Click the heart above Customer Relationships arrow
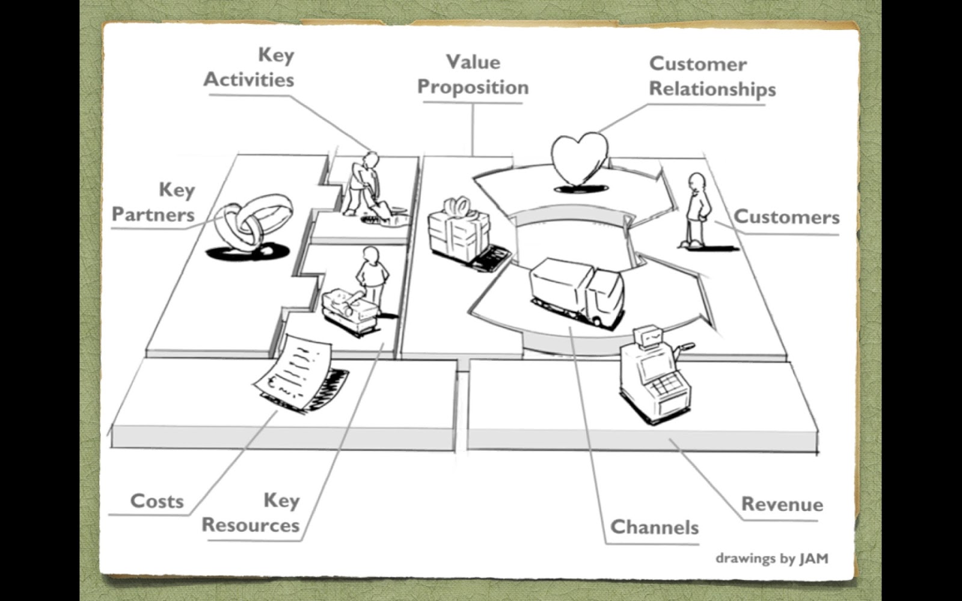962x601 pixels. click(x=580, y=159)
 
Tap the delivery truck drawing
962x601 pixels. click(x=577, y=291)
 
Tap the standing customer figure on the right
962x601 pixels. click(x=697, y=210)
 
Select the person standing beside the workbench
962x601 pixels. click(x=372, y=276)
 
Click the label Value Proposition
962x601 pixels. click(x=473, y=75)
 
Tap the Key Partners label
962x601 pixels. click(x=154, y=203)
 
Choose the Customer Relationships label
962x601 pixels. click(x=712, y=76)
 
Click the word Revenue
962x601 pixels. click(x=782, y=504)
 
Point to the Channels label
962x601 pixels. click(x=654, y=527)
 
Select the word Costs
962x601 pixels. click(x=157, y=501)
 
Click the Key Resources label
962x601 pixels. click(x=251, y=513)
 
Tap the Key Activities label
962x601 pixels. click(x=250, y=67)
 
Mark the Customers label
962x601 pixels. click(x=786, y=216)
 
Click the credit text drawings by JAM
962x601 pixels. click(x=771, y=558)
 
